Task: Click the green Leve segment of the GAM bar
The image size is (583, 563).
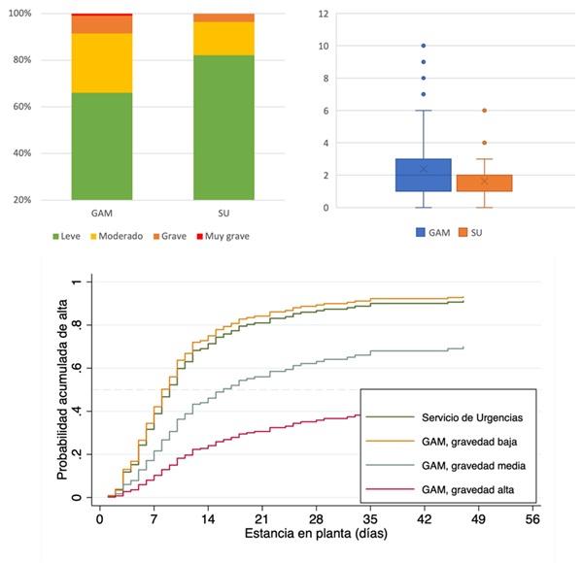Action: [102, 146]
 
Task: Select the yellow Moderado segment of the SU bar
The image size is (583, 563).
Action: [223, 39]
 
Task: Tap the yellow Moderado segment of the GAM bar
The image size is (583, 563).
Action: [102, 62]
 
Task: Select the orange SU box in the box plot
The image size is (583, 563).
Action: [483, 183]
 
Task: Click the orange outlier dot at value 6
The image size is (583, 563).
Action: [483, 111]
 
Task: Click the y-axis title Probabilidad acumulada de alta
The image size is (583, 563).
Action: [62, 388]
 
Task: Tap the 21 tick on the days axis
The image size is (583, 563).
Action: [261, 518]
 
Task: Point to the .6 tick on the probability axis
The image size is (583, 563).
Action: [79, 368]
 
